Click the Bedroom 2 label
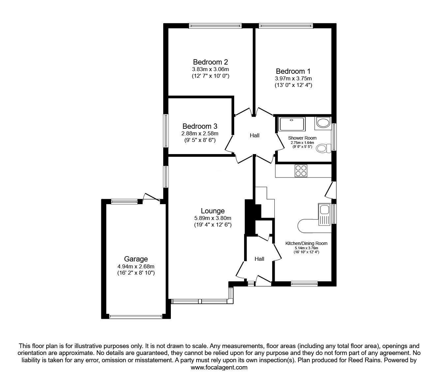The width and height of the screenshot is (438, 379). [210, 62]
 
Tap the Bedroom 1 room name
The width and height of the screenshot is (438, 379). [293, 71]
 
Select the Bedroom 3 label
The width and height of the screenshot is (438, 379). [200, 126]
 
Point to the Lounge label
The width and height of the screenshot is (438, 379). [213, 211]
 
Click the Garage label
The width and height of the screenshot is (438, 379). [136, 259]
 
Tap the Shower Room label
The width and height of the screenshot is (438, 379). [302, 138]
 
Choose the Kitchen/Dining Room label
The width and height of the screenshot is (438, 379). [306, 243]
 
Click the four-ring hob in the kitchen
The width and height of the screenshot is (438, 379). [301, 171]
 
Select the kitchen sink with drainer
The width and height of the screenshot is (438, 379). [325, 214]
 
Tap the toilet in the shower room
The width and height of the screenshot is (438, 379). [323, 148]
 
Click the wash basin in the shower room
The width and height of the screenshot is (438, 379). [323, 122]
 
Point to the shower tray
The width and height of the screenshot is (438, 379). [292, 124]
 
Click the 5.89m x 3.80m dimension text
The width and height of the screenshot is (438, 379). [213, 218]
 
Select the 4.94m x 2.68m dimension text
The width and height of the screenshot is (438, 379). [136, 266]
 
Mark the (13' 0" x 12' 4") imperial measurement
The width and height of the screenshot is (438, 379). [293, 85]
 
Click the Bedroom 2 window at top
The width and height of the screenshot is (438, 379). [215, 26]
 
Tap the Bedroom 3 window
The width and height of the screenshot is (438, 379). [166, 131]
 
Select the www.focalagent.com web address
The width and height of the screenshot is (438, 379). [219, 367]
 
